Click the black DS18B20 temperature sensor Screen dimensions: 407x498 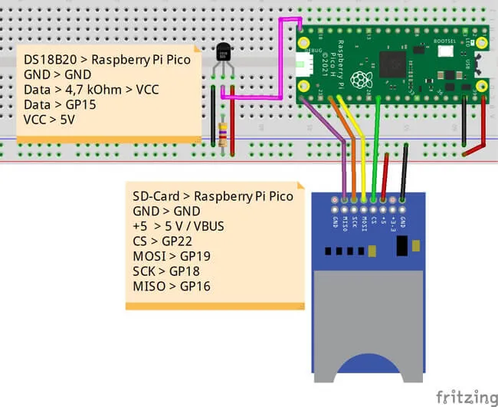point(223,52)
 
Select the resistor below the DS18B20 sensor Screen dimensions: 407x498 point(223,135)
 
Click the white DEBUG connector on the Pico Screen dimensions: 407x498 point(303,65)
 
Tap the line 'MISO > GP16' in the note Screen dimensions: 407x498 point(172,286)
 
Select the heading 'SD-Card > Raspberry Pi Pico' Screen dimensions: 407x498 point(212,195)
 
